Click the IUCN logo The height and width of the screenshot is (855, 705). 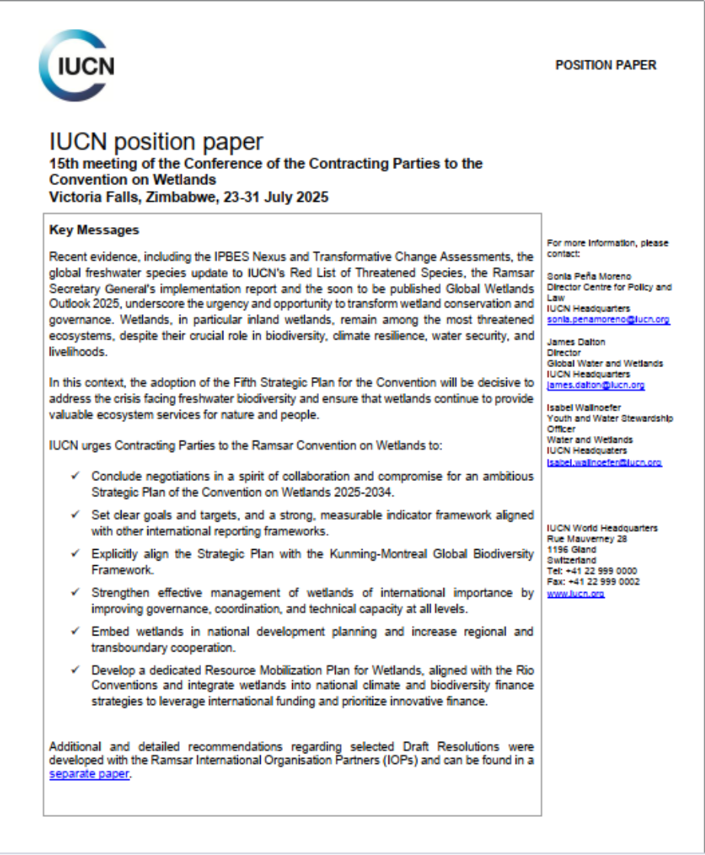76,67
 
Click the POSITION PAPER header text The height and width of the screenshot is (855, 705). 605,66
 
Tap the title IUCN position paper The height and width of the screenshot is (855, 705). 156,141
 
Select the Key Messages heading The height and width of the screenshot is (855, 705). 94,229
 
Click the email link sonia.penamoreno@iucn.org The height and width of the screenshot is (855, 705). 609,320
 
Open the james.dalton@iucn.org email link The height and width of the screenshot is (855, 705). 596,385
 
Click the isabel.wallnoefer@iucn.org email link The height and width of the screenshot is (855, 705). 604,462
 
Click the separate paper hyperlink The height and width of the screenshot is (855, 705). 84,774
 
